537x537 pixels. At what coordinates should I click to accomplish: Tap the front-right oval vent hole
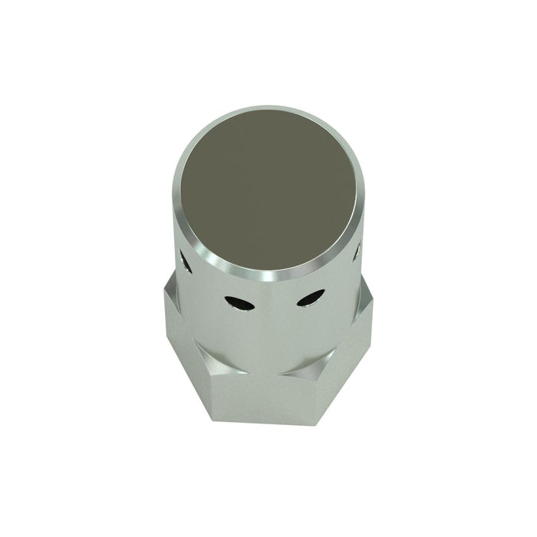pyautogui.click(x=310, y=298)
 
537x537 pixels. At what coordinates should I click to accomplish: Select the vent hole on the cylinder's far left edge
pyautogui.click(x=185, y=262)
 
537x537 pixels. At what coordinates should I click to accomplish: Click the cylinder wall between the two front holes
pyautogui.click(x=275, y=307)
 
